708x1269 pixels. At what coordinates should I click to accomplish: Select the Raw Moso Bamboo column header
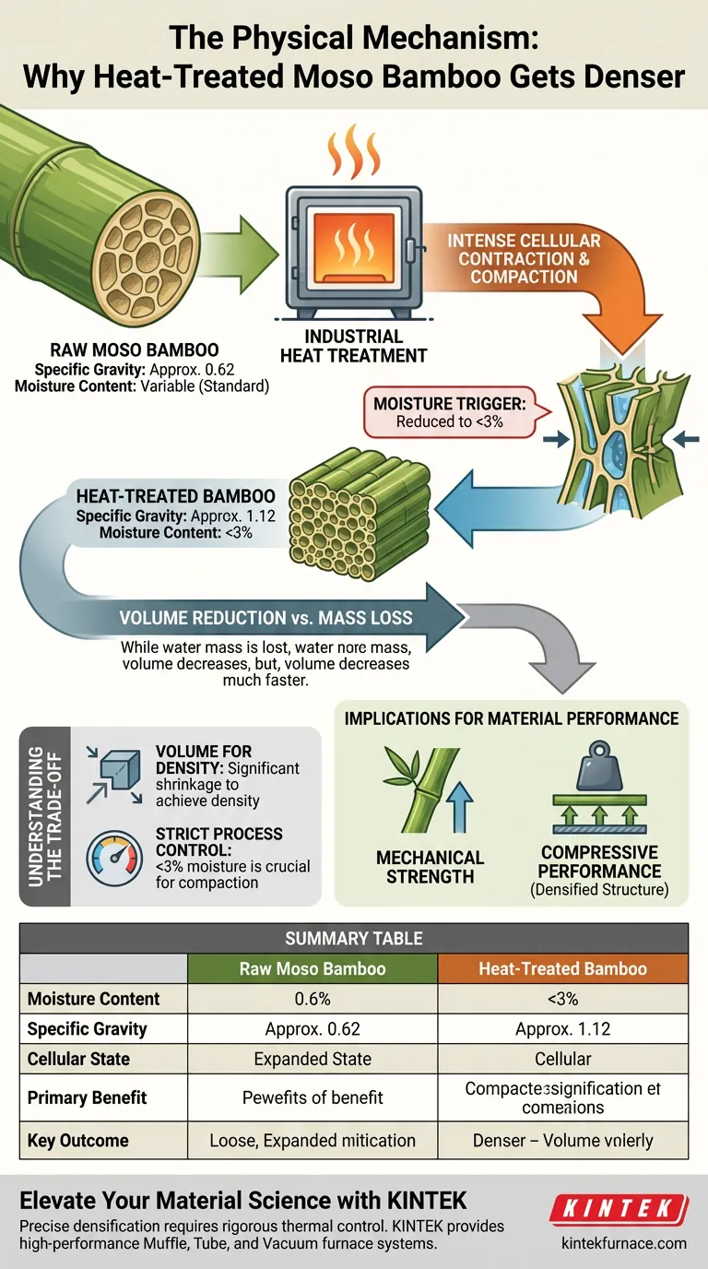[x=313, y=968]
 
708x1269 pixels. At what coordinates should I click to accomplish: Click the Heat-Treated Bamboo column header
[x=562, y=968]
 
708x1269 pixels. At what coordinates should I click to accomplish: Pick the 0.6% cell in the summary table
[x=313, y=999]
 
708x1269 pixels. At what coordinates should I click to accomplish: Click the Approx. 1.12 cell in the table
[x=562, y=1028]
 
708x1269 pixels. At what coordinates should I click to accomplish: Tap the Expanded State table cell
[x=313, y=1059]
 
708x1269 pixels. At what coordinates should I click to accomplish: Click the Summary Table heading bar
[x=354, y=938]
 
